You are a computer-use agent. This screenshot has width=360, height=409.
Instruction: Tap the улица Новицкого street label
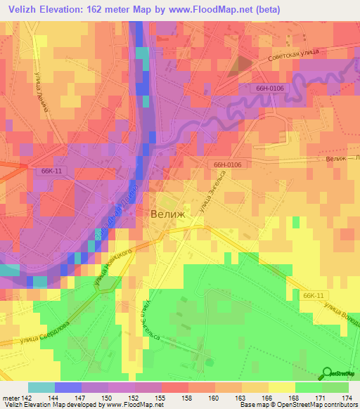click(110, 271)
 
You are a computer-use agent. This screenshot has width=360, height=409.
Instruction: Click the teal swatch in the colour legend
click(41, 387)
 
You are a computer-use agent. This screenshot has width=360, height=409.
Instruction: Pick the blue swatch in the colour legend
click(68, 387)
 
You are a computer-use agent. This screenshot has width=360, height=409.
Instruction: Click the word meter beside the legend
click(10, 397)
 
